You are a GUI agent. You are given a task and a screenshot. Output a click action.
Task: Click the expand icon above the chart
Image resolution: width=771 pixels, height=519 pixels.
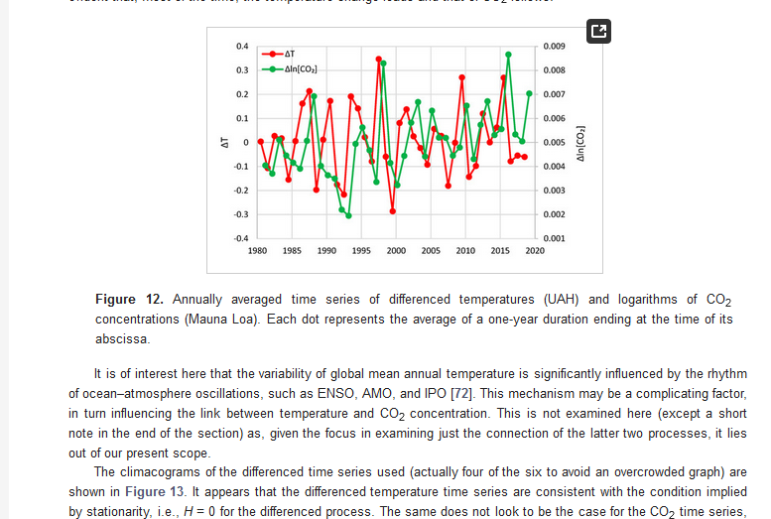coord(598,32)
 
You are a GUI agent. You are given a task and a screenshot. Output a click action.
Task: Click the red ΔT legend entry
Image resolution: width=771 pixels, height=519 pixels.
coord(282,54)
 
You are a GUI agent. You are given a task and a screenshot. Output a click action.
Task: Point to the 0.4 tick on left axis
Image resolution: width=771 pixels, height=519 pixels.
coord(242,47)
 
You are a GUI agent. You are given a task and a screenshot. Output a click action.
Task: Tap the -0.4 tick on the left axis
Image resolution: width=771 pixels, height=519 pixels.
coord(241,238)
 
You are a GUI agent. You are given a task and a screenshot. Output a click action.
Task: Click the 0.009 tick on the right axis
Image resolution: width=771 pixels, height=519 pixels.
coord(555,47)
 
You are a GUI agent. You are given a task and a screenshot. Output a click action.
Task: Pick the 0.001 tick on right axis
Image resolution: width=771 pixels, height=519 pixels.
coord(555,238)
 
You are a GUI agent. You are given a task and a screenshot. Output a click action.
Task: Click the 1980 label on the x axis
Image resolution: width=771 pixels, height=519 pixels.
coord(258,251)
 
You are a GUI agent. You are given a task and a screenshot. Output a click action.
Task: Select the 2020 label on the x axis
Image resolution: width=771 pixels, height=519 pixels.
coord(535,251)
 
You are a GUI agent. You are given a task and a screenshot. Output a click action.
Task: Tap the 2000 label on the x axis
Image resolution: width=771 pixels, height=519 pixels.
coord(396,251)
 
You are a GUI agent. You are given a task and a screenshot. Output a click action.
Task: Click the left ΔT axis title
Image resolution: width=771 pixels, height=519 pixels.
coord(225,143)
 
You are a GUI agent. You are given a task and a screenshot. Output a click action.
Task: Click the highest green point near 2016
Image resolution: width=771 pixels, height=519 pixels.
coord(508,55)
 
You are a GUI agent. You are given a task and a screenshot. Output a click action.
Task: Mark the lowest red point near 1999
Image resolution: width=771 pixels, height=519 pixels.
coord(393,211)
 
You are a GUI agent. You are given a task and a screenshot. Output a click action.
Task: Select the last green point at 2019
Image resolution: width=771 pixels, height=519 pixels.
coord(529,93)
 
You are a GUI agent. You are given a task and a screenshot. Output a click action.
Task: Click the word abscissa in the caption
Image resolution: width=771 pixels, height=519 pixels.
coord(122,339)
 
